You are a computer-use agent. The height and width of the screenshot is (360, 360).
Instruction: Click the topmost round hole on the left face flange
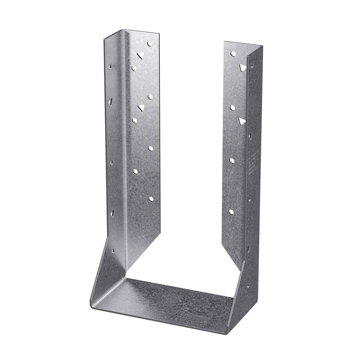[x=150, y=44]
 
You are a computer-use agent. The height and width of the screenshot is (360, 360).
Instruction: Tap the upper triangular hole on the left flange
[x=140, y=55]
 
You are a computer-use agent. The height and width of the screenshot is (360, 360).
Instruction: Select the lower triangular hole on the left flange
[x=140, y=107]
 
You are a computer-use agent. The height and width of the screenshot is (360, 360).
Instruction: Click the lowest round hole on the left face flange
[x=151, y=199]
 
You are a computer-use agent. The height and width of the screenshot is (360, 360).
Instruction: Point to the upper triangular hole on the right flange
[x=243, y=67]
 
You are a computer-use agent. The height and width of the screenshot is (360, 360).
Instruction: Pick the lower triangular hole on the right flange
[x=242, y=121]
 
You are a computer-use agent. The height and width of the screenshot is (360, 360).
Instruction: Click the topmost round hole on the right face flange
[x=233, y=54]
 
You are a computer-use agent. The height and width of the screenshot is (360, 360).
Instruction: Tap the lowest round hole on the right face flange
[x=231, y=212]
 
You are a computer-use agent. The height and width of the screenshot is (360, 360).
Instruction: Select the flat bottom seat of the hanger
[x=169, y=299]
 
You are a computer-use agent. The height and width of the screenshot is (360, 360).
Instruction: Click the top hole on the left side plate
[x=110, y=67]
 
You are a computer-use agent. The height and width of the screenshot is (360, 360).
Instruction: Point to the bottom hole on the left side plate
[x=113, y=251]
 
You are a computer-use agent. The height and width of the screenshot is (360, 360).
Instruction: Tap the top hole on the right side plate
[x=252, y=65]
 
